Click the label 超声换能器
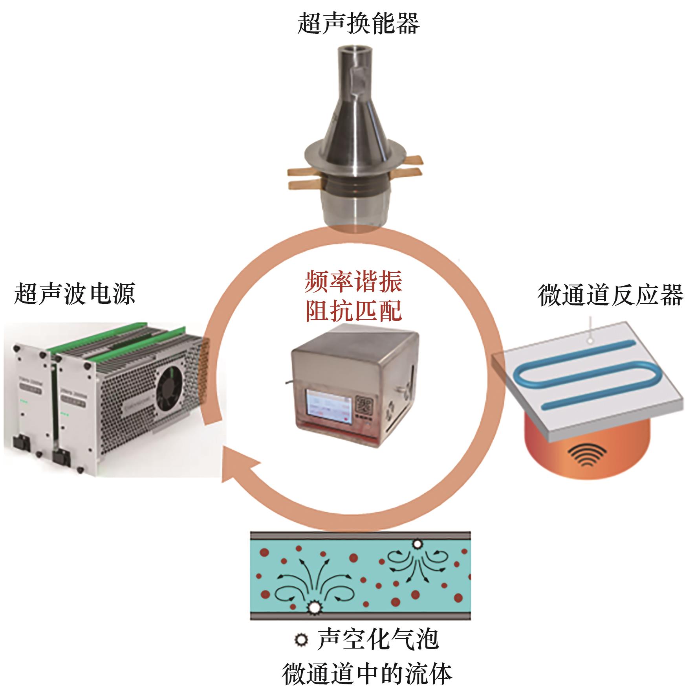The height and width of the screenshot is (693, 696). click(359, 23)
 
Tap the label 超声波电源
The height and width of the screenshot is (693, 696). click(75, 294)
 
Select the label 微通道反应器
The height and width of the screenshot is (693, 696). click(610, 296)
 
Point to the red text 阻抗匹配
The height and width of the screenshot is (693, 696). click(353, 312)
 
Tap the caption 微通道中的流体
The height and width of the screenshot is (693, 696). click(367, 674)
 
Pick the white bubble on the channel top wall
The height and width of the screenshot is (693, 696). click(417, 544)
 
